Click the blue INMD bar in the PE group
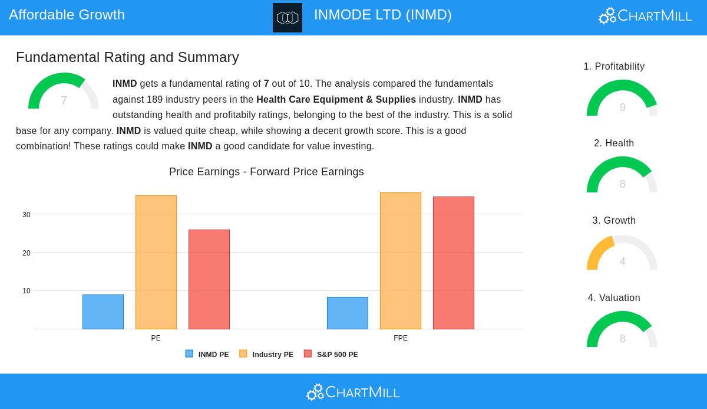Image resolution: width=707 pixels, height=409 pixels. tap(103, 312)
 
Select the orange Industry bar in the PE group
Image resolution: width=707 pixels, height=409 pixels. tap(156, 262)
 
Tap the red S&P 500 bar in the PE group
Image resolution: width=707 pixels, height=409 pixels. tap(209, 279)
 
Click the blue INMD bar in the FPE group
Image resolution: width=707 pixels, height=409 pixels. tap(348, 313)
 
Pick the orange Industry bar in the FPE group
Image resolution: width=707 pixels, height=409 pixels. tap(401, 261)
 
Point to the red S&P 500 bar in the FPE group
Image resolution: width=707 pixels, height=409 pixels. tap(454, 263)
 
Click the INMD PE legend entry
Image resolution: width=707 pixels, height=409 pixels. tap(207, 354)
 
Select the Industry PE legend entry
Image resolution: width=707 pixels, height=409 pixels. tap(266, 354)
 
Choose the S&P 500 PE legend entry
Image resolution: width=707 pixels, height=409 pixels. tap(331, 354)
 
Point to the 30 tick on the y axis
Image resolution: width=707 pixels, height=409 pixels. tap(27, 215)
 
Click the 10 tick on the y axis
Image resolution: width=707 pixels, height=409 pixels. tap(27, 291)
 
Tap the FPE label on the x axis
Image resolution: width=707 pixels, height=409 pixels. tap(401, 338)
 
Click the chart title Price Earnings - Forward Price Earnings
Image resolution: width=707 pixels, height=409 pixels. tap(266, 172)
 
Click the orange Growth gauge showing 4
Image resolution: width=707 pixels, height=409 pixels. tap(622, 253)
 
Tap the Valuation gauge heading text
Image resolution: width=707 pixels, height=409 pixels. tap(614, 298)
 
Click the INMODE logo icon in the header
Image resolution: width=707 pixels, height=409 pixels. tap(288, 18)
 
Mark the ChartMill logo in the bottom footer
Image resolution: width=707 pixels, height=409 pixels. tap(353, 392)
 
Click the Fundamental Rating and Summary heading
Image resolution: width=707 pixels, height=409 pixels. tap(127, 57)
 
